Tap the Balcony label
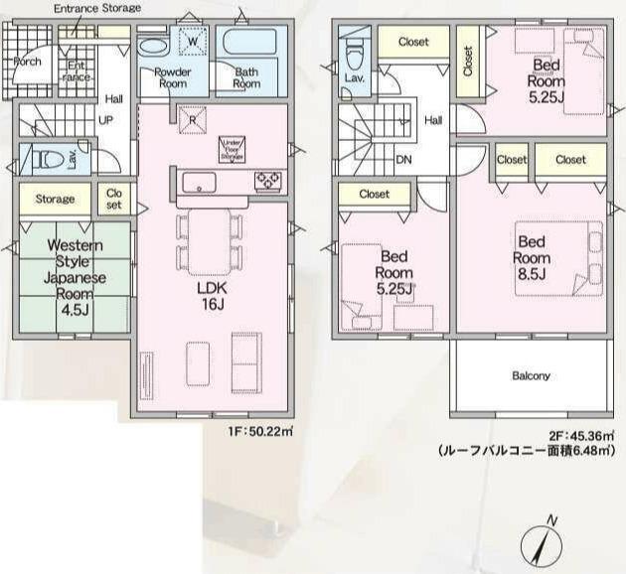click(x=531, y=376)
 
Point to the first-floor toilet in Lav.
click(x=44, y=158)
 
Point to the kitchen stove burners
click(x=268, y=180)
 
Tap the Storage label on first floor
click(x=55, y=199)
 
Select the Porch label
click(x=26, y=61)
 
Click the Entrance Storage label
click(x=96, y=8)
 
